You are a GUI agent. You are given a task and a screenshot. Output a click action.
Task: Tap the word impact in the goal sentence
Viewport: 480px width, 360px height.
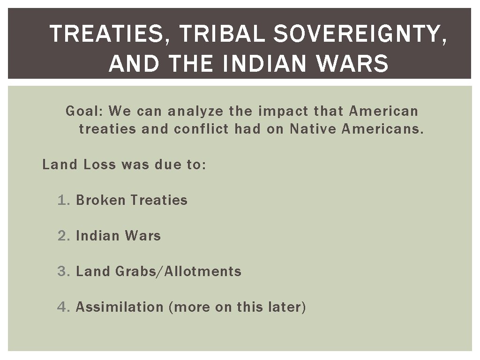[x=283, y=112]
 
